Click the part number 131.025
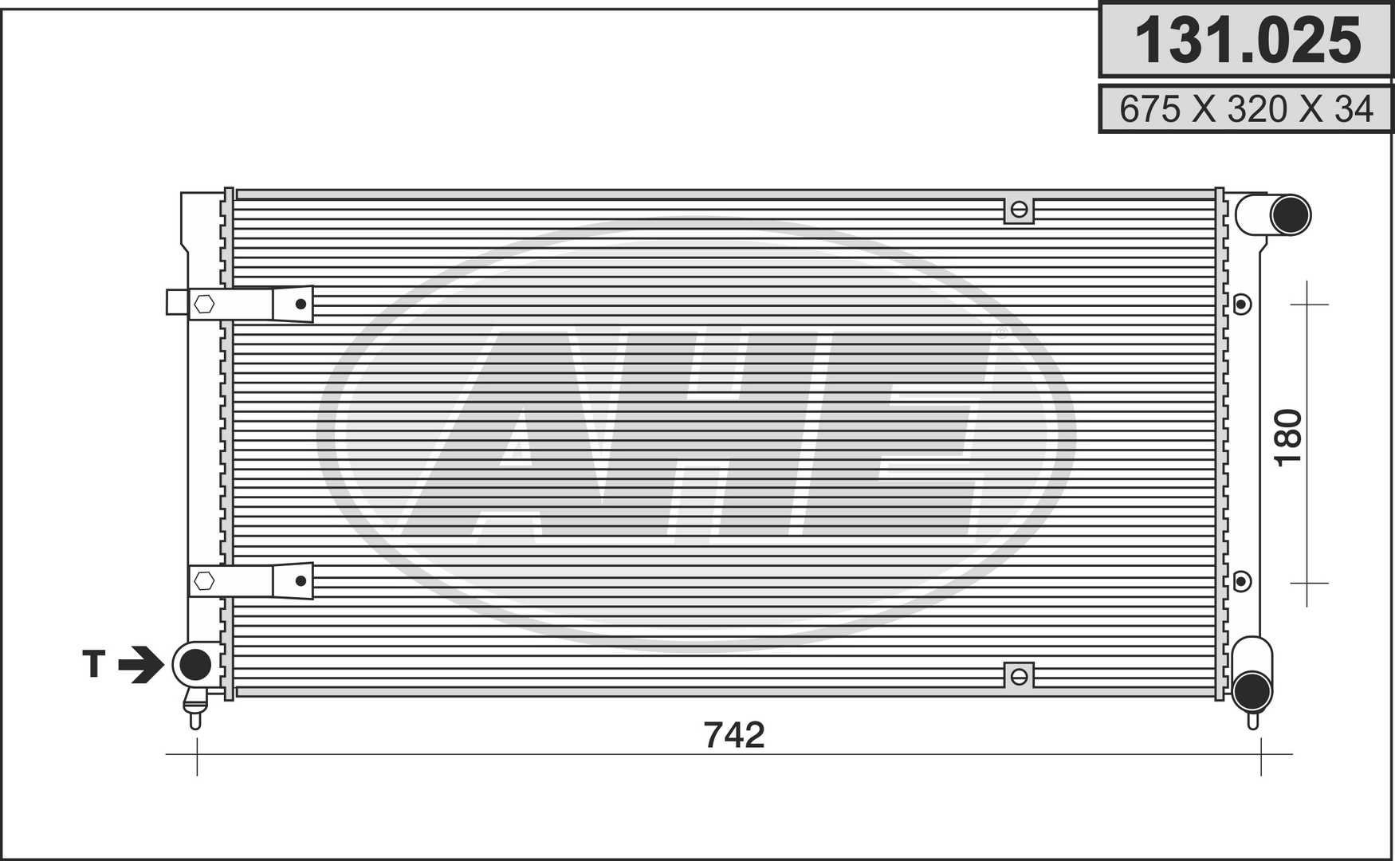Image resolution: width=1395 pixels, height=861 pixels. (1248, 41)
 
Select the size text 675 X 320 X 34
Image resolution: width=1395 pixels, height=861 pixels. (1247, 109)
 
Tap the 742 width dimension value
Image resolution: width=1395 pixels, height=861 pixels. (734, 735)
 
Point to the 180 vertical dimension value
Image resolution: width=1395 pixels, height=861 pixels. (1289, 438)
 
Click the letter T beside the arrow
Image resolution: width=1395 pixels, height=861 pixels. (94, 663)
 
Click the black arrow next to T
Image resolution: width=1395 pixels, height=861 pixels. (141, 664)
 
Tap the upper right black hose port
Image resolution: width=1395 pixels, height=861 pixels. (1290, 214)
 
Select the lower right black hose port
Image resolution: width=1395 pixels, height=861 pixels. (1252, 690)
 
